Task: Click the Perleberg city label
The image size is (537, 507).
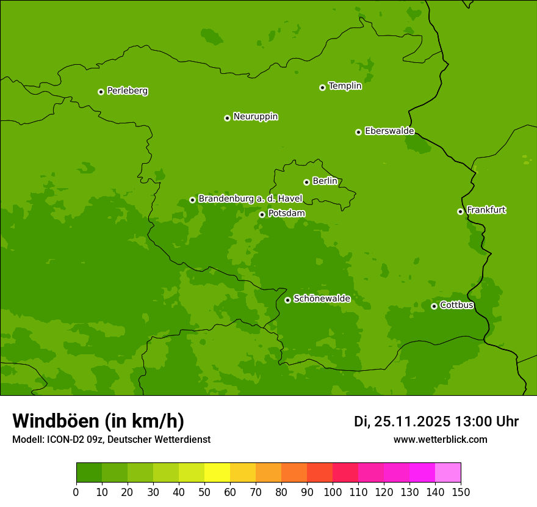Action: [127, 91]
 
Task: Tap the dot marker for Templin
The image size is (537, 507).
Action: [322, 87]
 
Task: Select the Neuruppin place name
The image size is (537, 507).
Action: [255, 117]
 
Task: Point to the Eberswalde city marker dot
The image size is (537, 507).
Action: [358, 132]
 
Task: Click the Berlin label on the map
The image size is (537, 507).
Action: [325, 181]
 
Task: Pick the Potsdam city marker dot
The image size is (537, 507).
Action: [262, 214]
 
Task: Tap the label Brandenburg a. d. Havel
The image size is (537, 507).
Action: [250, 199]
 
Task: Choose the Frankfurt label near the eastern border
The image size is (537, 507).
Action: [486, 210]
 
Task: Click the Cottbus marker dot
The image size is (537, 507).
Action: [434, 306]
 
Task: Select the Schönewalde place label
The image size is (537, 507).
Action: [322, 299]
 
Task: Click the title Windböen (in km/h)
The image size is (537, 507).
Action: [98, 421]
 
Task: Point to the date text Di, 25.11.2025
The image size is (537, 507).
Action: [402, 421]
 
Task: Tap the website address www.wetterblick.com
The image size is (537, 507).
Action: [440, 440]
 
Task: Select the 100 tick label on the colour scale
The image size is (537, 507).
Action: [333, 492]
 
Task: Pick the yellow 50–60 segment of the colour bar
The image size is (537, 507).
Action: [217, 473]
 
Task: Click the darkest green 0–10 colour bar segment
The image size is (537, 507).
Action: [89, 473]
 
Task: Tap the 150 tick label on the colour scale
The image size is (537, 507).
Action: [460, 492]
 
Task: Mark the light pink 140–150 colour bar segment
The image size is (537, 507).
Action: [448, 473]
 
